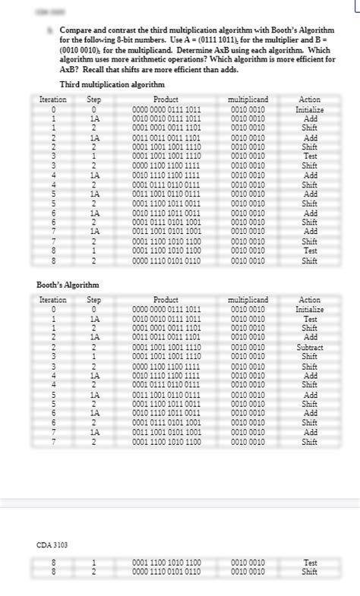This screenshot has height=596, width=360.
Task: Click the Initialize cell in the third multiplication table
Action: pyautogui.click(x=310, y=109)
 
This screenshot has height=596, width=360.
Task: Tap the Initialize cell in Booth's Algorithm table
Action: pyautogui.click(x=310, y=309)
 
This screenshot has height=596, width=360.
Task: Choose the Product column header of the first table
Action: pyautogui.click(x=166, y=99)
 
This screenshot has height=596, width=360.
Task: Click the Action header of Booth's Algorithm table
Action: pyautogui.click(x=310, y=300)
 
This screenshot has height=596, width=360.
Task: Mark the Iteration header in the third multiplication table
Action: pyautogui.click(x=53, y=99)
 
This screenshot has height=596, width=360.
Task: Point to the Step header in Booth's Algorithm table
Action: pyautogui.click(x=95, y=300)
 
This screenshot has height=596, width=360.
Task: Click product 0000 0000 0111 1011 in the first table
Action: pyautogui.click(x=166, y=109)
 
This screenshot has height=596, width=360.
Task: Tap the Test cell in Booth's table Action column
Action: pyautogui.click(x=310, y=319)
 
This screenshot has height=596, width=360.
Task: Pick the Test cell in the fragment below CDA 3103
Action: pyautogui.click(x=310, y=563)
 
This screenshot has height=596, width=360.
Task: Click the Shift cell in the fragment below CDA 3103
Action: pyautogui.click(x=310, y=572)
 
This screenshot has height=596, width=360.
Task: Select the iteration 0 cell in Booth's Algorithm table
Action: pyautogui.click(x=53, y=309)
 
